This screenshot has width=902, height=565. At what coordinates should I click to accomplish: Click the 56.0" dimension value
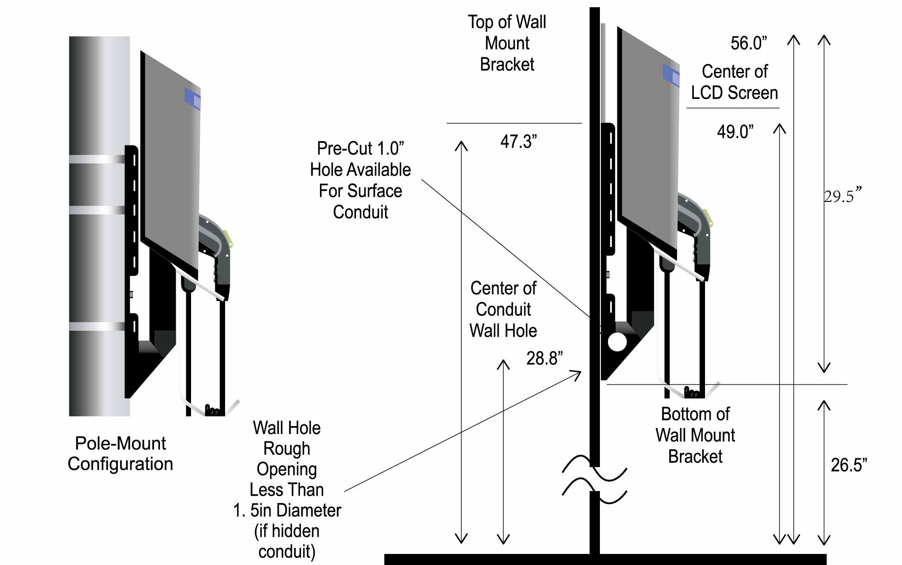click(748, 43)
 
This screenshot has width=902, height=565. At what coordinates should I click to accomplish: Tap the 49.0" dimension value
click(735, 132)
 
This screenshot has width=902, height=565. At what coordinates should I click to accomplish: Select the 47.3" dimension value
click(518, 142)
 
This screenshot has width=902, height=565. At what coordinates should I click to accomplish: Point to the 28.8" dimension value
click(544, 358)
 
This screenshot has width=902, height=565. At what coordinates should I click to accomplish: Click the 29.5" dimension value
click(842, 196)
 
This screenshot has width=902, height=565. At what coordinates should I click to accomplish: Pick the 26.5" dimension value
click(848, 465)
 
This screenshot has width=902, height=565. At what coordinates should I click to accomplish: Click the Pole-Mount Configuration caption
click(120, 454)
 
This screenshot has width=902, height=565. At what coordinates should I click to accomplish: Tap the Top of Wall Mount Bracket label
click(507, 43)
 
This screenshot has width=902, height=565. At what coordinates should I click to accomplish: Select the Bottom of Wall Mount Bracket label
click(695, 435)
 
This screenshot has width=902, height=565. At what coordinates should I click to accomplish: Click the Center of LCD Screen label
click(734, 82)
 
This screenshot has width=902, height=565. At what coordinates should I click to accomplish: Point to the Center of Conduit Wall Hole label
click(503, 309)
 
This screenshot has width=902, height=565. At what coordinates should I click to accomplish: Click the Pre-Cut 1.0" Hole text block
click(360, 180)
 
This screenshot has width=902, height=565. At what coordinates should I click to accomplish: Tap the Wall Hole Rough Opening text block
click(287, 490)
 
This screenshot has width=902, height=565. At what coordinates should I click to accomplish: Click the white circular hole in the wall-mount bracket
click(617, 342)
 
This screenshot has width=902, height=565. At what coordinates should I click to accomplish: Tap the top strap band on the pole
click(97, 159)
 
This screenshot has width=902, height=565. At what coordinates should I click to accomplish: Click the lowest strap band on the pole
click(97, 327)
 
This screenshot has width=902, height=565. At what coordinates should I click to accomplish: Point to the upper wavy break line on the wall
click(594, 468)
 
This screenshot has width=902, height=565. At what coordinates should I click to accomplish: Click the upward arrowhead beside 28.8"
click(503, 365)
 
